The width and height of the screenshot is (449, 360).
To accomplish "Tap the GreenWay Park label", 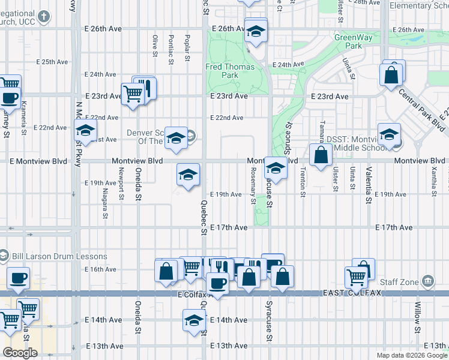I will point(349,41).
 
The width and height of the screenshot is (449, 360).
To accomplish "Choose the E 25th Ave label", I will point(51,61).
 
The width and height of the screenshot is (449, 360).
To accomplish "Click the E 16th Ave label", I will point(100,270).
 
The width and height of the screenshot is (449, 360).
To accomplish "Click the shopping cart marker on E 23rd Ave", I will point(132,93).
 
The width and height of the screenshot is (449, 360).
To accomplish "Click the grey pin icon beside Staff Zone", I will point(428,280).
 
